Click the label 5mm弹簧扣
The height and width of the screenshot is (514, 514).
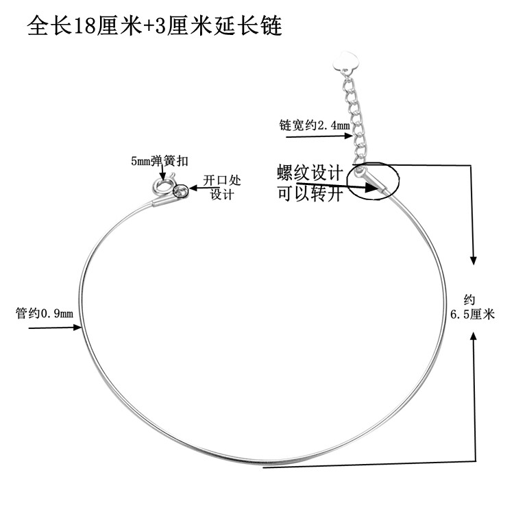[x=160, y=161]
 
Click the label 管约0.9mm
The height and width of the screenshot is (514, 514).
[x=44, y=314]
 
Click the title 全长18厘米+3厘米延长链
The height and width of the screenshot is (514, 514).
[x=154, y=27]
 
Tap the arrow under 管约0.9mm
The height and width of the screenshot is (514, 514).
[x=55, y=328]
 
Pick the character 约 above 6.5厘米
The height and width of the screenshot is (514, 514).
[x=469, y=299]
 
